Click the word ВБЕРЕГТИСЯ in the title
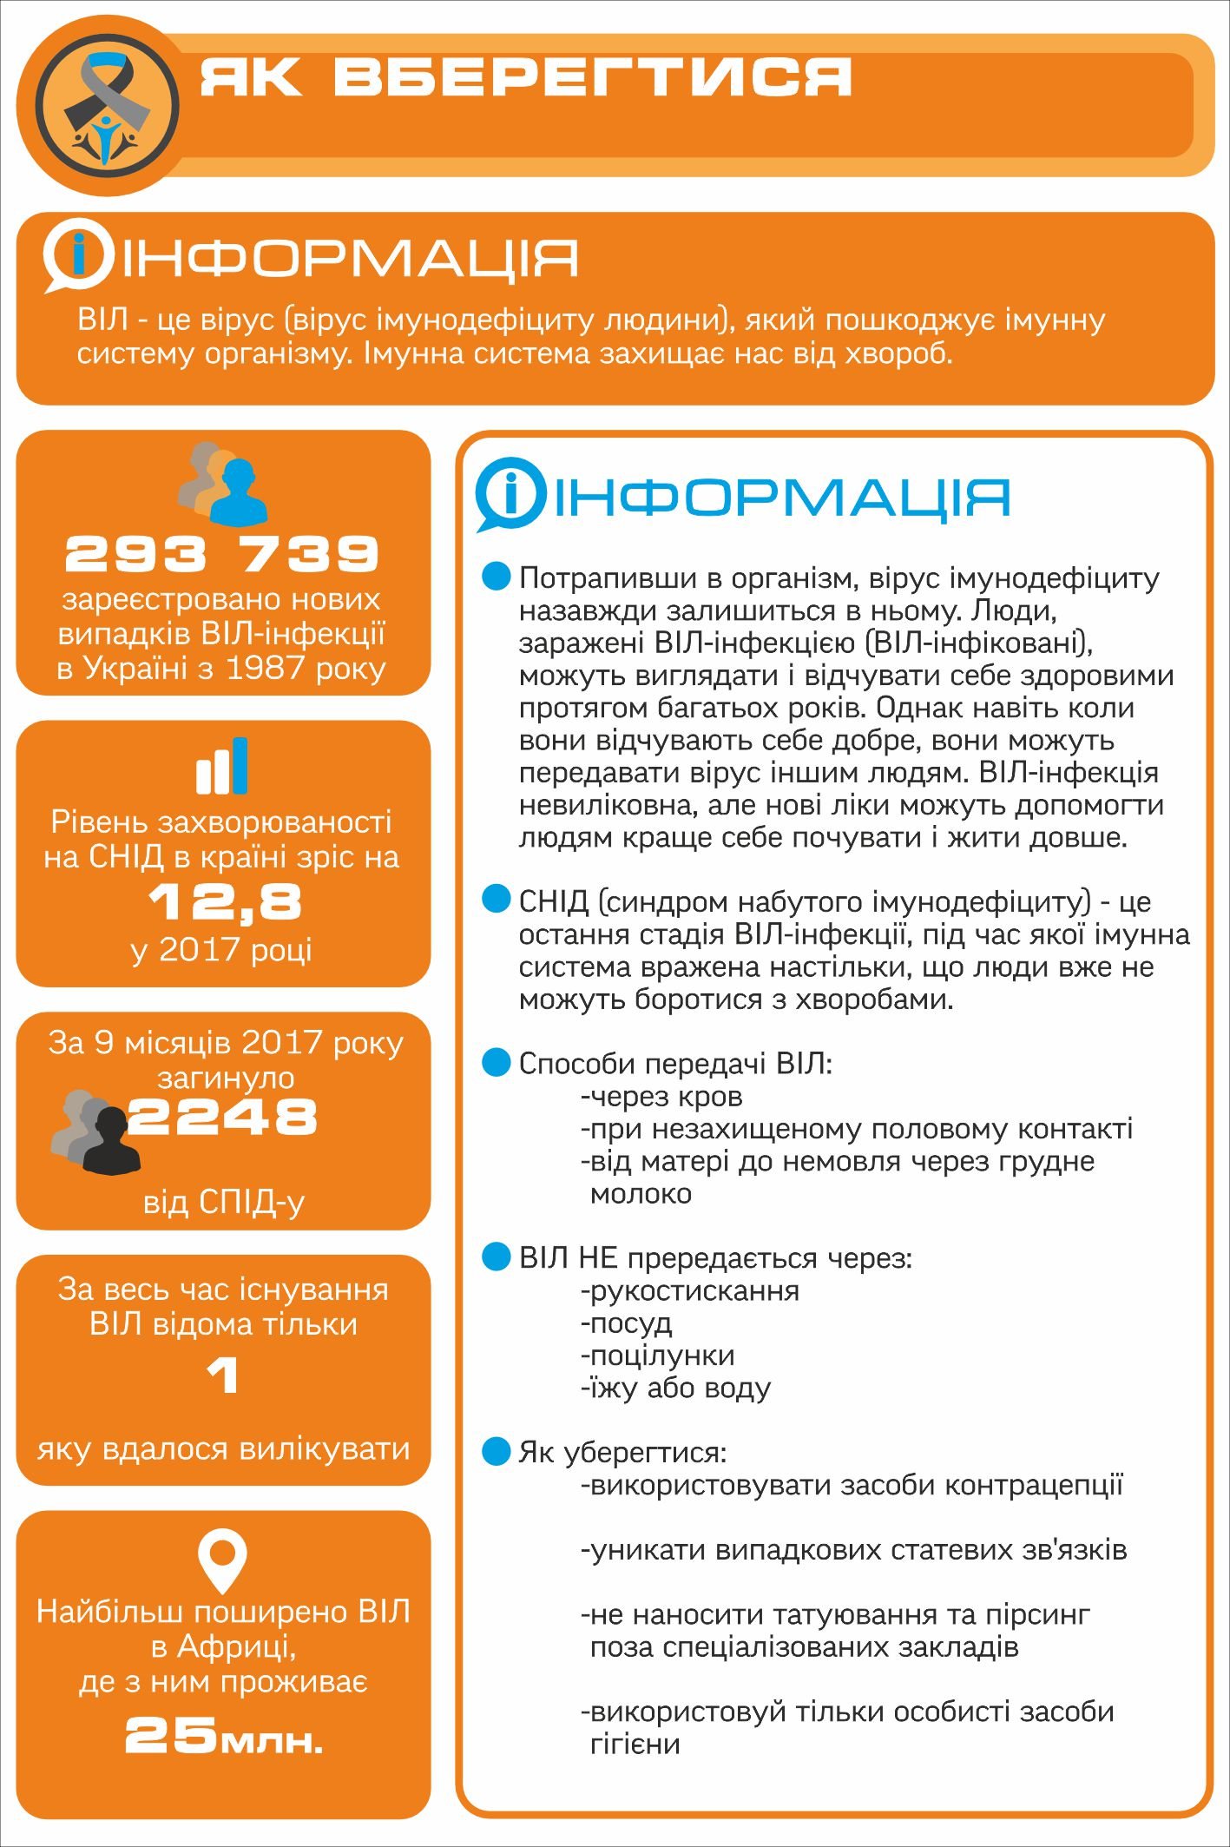(x=592, y=77)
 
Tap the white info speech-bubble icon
(x=78, y=259)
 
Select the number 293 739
(x=222, y=554)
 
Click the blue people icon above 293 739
(x=234, y=493)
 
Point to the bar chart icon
(x=222, y=766)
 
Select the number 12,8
(x=225, y=902)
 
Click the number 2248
(x=223, y=1117)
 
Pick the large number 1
(x=223, y=1375)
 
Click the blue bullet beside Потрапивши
(x=497, y=577)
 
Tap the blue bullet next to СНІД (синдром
(x=497, y=900)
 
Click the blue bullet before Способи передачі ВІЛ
(x=497, y=1062)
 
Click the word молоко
(x=641, y=1194)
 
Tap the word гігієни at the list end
(x=635, y=1744)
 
